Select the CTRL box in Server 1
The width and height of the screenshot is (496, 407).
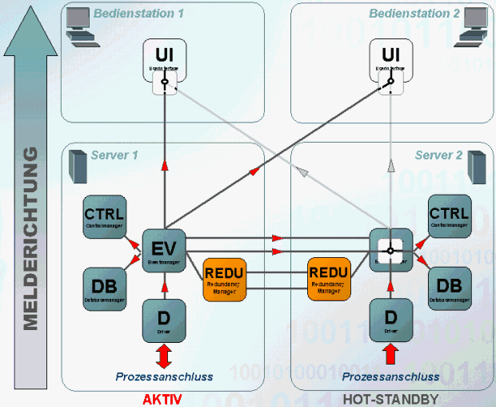(x=103, y=216)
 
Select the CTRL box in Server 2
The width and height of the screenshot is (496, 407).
(x=450, y=216)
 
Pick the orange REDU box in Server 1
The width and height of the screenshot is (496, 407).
(x=224, y=279)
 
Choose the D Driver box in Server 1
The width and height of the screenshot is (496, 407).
(x=164, y=319)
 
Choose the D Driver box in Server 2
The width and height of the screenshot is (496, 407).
(x=390, y=319)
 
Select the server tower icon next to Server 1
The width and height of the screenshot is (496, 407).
(x=78, y=163)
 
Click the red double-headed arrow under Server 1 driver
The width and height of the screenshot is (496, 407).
(x=164, y=353)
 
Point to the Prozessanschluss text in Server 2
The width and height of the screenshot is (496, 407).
(x=390, y=377)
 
